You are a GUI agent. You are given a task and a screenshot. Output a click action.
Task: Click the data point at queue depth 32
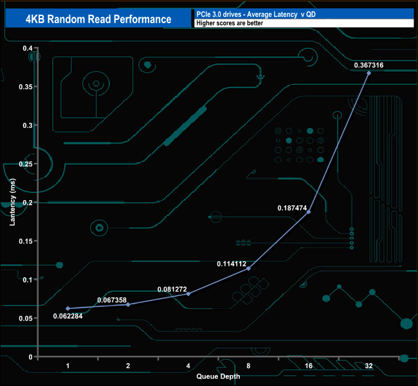click(x=368, y=73)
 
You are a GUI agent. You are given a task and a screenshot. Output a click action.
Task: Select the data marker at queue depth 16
click(x=309, y=212)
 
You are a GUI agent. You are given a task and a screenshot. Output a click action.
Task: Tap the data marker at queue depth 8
click(x=248, y=268)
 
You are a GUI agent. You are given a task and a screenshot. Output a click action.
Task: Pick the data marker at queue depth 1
click(x=68, y=308)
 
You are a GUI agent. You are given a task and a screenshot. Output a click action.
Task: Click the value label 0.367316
click(x=368, y=65)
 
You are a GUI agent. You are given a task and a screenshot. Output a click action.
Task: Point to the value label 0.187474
click(x=292, y=208)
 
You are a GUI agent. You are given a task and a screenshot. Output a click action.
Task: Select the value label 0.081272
click(x=172, y=289)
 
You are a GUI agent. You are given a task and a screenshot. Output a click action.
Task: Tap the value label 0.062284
click(x=68, y=316)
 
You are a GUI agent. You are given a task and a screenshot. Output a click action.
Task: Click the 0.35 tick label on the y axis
click(x=26, y=87)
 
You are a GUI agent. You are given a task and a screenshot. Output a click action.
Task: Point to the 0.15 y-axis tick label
click(x=26, y=241)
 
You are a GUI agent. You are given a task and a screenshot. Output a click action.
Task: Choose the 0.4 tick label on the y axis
click(x=28, y=48)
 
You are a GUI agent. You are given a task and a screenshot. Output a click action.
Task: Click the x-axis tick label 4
click(x=188, y=365)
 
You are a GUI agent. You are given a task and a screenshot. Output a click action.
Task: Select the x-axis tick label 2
click(x=128, y=365)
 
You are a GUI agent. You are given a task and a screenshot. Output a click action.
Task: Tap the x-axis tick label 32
click(x=368, y=365)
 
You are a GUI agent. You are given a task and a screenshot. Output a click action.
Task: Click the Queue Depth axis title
click(x=218, y=376)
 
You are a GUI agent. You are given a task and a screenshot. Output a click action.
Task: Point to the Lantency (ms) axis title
click(x=12, y=202)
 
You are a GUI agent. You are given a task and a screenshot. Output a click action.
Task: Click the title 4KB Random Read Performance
click(x=98, y=19)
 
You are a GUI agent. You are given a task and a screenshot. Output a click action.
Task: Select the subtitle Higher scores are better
click(x=230, y=23)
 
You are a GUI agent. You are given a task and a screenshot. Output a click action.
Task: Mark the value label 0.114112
click(x=232, y=264)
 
